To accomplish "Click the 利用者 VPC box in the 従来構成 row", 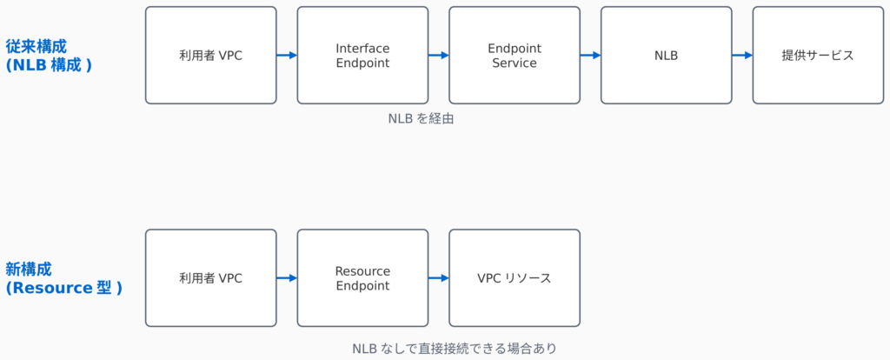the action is point(210,55).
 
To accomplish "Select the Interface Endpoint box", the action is point(362,55).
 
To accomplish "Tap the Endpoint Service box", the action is point(515,55).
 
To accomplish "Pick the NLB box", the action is point(667,55).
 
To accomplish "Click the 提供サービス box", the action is point(818,55).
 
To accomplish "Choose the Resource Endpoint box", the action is point(362,277).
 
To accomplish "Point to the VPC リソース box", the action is point(515,277).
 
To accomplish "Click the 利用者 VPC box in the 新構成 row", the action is point(210,277).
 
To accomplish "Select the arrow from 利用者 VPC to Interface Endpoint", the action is point(287,55).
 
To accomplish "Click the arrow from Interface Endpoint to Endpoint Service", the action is point(439,55).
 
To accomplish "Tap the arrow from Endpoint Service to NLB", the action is point(590,55).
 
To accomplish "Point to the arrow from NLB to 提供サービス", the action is point(742,55).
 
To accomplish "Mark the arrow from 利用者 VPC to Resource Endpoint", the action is point(287,277).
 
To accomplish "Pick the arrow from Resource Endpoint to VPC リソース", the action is point(439,277).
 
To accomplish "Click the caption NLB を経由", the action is point(422,118).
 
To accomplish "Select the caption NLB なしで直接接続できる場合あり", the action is point(455,348).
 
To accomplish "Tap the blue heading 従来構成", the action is point(37,46).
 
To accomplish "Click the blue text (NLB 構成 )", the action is point(49,64).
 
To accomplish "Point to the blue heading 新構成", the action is point(29,269).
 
